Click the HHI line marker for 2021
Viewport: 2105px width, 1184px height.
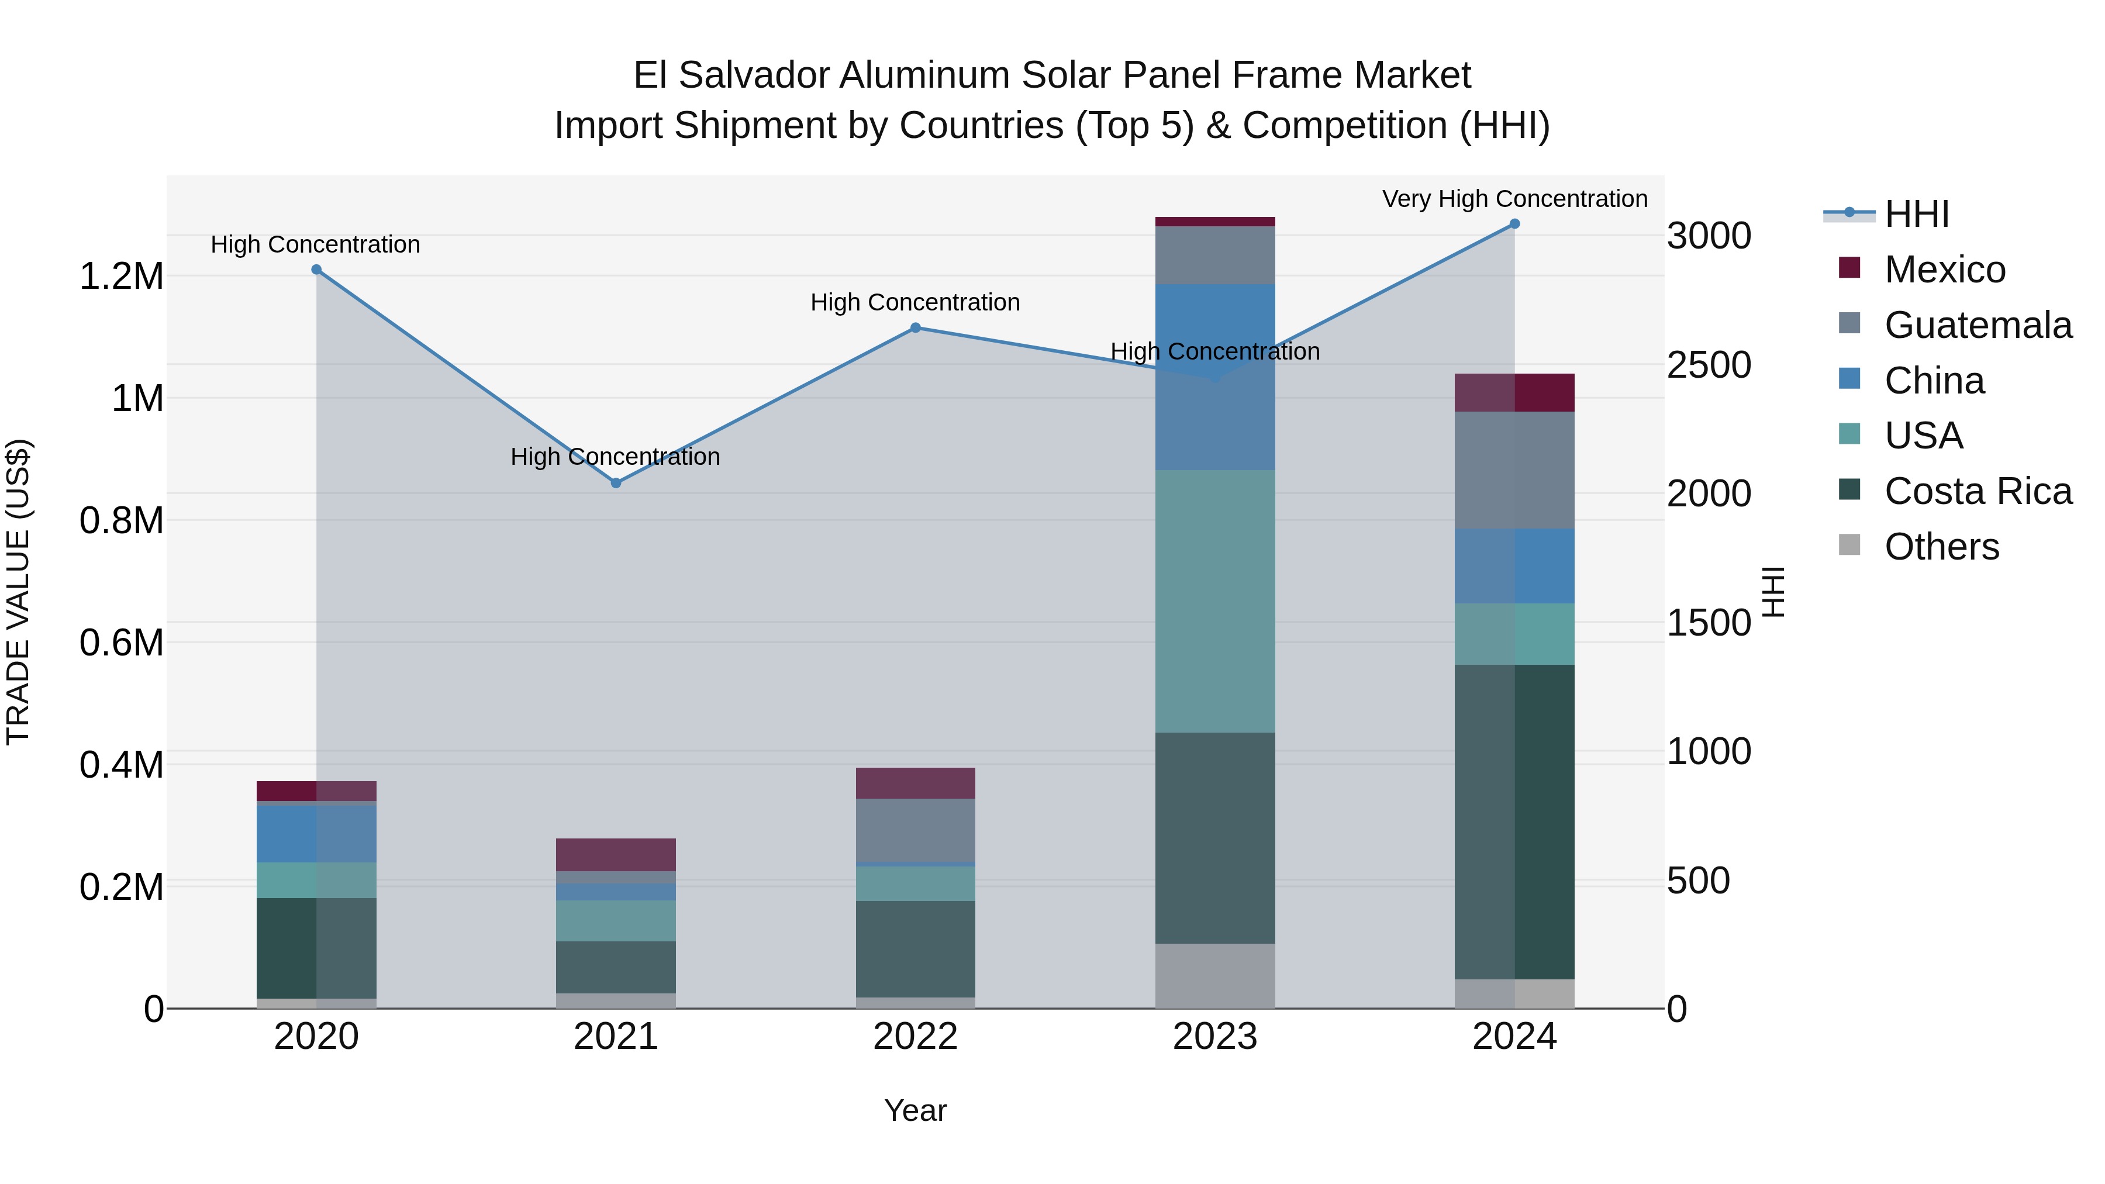616,483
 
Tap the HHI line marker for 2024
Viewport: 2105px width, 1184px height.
1514,224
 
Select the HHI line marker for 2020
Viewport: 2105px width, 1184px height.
316,270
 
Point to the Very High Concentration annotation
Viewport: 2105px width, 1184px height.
1514,199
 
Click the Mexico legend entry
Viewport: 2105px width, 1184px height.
1944,270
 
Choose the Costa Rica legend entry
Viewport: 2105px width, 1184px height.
1978,491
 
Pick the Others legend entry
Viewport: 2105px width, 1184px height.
1941,547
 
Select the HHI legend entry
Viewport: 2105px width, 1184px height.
1916,214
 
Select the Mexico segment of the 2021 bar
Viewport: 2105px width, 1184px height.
616,855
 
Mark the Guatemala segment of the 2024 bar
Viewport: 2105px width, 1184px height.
1514,470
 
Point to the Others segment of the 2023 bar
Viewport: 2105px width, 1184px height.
1215,976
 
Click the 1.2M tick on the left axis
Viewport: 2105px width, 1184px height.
121,276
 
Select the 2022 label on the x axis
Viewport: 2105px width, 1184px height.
915,1037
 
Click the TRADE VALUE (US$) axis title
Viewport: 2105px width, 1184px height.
18,592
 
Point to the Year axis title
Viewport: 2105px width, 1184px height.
915,1110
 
